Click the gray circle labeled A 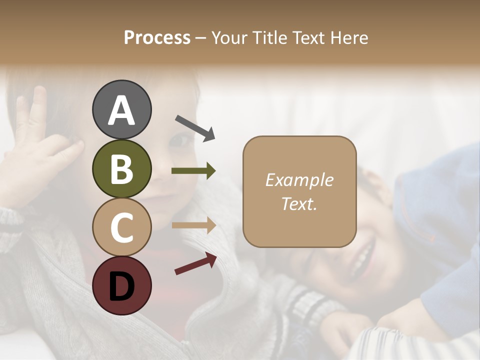pyautogui.click(x=121, y=109)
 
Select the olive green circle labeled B pyautogui.click(x=121, y=168)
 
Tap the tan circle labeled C pyautogui.click(x=121, y=227)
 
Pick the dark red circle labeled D pyautogui.click(x=121, y=285)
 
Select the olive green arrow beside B pyautogui.click(x=193, y=171)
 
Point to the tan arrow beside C pyautogui.click(x=193, y=225)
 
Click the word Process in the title pyautogui.click(x=157, y=38)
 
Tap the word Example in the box pyautogui.click(x=299, y=180)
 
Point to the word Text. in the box pyautogui.click(x=299, y=203)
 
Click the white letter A pyautogui.click(x=121, y=110)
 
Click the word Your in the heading pyautogui.click(x=230, y=38)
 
